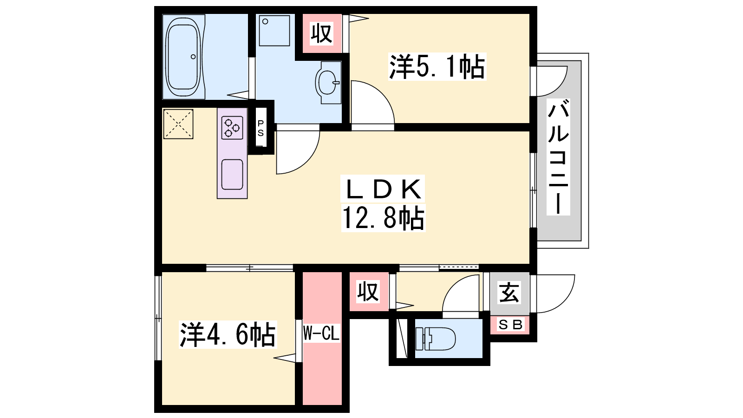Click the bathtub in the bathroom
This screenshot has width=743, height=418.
[183, 57]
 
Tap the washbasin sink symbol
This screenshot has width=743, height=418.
[328, 82]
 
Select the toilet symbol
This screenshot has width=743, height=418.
[436, 339]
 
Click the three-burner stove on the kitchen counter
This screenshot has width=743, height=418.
[232, 128]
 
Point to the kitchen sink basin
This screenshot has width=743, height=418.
[232, 175]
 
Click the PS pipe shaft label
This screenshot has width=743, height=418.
[261, 128]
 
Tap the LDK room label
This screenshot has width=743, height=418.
[383, 189]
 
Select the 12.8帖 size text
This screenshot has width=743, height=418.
[383, 218]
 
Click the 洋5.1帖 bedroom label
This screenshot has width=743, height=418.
[437, 67]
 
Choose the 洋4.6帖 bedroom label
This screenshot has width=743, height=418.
[228, 334]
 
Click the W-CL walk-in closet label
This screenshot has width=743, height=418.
[321, 333]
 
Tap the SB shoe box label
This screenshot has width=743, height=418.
[510, 325]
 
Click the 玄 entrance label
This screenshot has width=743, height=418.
[509, 292]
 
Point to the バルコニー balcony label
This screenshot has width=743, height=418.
[558, 157]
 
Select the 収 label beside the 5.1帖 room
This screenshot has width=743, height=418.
[321, 33]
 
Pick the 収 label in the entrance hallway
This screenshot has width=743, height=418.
[368, 292]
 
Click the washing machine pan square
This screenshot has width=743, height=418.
[274, 31]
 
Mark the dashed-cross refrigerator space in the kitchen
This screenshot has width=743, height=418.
[178, 124]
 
